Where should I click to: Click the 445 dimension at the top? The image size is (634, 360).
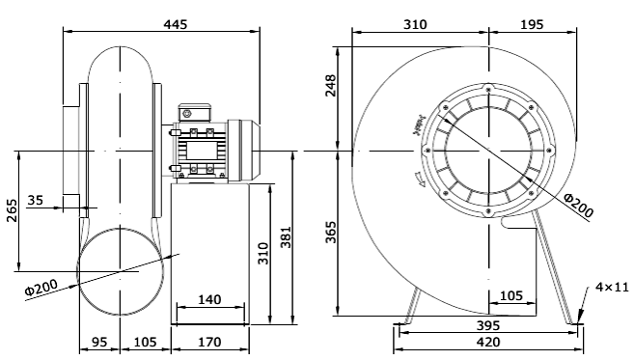click(161, 22)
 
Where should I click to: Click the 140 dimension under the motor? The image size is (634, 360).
click(208, 300)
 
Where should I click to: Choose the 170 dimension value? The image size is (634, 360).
click(208, 342)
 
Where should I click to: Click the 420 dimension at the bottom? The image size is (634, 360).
click(488, 344)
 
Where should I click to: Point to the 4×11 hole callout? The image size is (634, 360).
click(611, 287)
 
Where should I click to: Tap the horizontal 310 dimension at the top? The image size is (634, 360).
click(417, 22)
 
